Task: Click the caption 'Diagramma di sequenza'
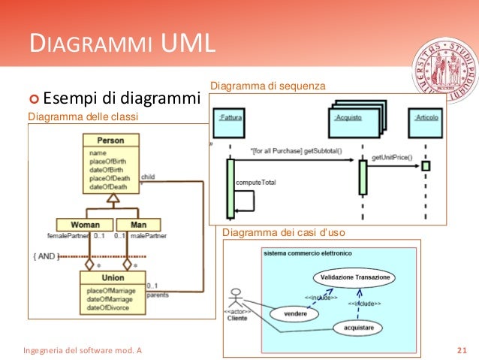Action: (x=268, y=86)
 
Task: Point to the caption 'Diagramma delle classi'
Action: (x=83, y=116)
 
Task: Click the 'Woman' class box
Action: (x=85, y=225)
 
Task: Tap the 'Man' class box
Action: (x=138, y=225)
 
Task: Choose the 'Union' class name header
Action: (x=112, y=278)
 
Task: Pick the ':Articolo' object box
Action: (x=426, y=118)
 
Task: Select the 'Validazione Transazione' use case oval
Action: (x=355, y=277)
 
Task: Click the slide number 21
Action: (x=461, y=350)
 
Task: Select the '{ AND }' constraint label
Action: (x=46, y=256)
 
